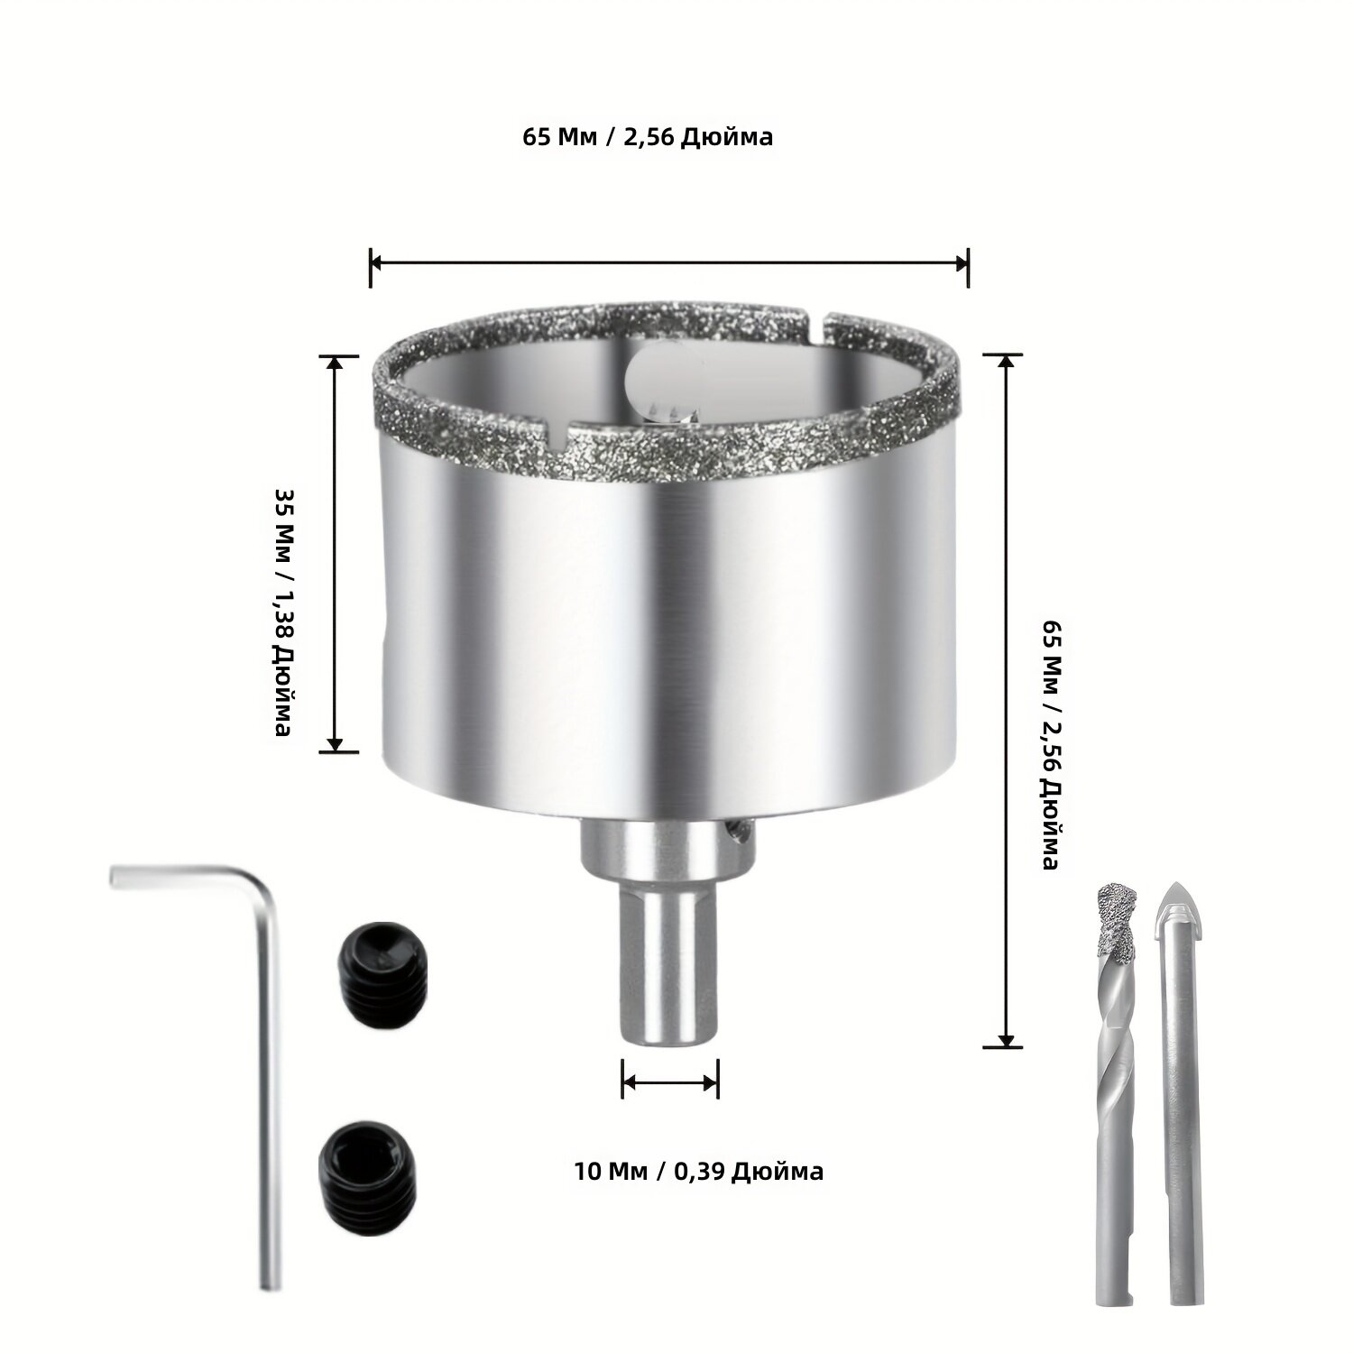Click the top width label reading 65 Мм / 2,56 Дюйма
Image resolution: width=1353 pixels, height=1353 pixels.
(648, 137)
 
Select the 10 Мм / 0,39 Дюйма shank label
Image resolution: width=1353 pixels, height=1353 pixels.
(698, 1171)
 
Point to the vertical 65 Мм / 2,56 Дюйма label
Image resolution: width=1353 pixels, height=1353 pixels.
(1049, 744)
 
